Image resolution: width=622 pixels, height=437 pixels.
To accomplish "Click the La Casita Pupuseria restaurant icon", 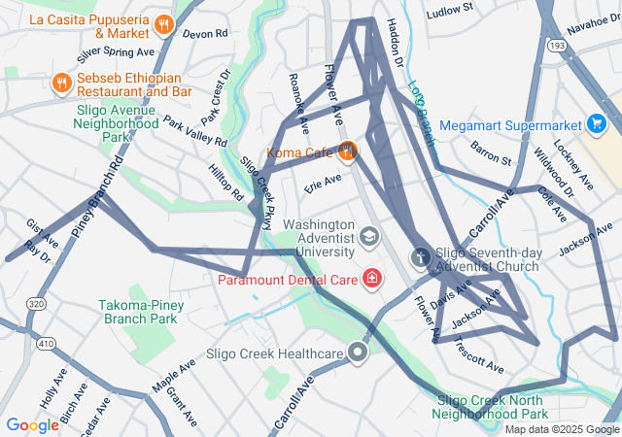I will click(164, 21).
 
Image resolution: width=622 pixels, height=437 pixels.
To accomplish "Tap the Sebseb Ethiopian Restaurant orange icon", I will click(61, 83).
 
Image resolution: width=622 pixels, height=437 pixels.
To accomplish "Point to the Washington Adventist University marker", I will click(369, 236).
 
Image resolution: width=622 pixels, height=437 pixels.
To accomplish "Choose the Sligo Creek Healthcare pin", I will click(359, 353).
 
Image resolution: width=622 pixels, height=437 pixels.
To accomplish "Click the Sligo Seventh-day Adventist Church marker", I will click(421, 257).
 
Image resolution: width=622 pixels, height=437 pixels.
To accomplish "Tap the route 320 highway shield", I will click(36, 304).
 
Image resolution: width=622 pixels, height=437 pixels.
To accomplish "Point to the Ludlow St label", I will click(449, 9).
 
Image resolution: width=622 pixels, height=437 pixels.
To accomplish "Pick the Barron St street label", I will click(491, 152).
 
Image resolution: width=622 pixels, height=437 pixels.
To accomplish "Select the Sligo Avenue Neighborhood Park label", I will click(117, 123).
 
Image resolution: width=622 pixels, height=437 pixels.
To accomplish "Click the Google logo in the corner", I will click(32, 425).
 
